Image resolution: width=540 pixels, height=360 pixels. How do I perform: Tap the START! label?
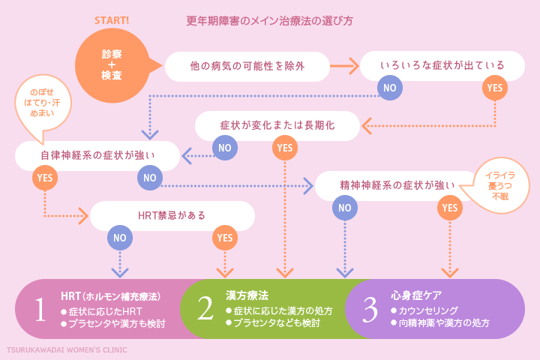tap(112, 20)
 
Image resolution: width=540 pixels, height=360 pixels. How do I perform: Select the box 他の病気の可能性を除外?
tap(247, 66)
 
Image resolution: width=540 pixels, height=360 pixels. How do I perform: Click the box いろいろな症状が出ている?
tap(442, 66)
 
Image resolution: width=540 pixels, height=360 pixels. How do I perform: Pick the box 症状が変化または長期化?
tap(277, 125)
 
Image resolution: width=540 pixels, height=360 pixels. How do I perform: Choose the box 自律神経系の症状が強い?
tap(97, 156)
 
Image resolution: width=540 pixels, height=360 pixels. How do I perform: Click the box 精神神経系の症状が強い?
tap(397, 185)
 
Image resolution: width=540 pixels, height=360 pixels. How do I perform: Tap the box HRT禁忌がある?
tap(172, 215)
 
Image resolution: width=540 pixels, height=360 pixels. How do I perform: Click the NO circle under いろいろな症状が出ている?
tap(390, 88)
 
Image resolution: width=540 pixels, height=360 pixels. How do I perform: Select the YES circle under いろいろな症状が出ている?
tap(495, 88)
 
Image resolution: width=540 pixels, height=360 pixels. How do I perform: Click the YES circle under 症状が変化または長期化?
tap(285, 148)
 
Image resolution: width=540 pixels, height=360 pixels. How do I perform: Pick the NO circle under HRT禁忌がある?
tap(120, 238)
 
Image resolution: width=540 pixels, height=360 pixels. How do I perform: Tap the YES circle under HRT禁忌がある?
tap(225, 238)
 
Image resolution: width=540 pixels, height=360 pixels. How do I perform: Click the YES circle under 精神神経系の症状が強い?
tap(450, 208)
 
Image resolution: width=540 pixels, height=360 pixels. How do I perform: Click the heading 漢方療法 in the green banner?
tap(247, 296)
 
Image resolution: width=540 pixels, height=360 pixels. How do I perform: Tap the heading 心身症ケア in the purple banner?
tap(416, 296)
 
